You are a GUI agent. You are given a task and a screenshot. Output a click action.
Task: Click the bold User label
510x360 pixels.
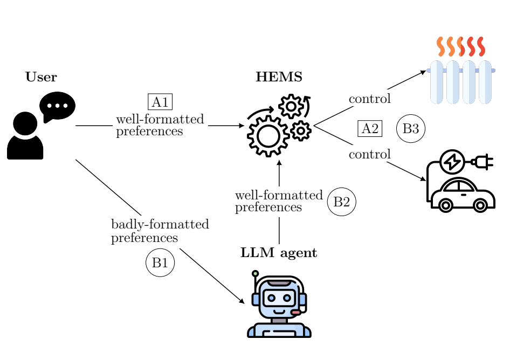tap(41, 78)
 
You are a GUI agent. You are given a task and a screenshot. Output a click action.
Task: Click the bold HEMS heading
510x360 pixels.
tap(279, 78)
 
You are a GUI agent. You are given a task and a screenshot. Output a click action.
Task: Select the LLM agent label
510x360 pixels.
tap(279, 253)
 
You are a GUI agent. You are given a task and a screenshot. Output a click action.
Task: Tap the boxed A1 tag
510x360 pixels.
tap(160, 102)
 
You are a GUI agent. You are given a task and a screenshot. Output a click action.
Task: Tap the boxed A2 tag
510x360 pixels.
tap(370, 129)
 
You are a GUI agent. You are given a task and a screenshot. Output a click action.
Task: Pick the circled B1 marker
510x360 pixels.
tap(160, 262)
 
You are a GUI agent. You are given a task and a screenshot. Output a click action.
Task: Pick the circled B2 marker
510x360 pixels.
tap(342, 202)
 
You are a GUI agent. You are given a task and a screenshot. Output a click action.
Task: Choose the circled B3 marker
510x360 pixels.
tap(411, 129)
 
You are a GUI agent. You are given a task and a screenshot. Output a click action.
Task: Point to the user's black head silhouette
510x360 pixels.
tap(25, 123)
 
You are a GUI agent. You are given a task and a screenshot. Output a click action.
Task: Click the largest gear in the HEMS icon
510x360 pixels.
tap(268, 136)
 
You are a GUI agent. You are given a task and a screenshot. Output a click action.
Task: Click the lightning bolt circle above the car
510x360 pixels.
tap(452, 161)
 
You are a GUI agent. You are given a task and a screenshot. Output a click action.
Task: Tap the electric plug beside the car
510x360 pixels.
tap(483, 161)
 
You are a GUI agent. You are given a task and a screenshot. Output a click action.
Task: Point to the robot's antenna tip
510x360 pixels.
tap(255, 274)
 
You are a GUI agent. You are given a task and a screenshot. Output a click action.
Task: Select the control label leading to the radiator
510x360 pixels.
tap(370, 99)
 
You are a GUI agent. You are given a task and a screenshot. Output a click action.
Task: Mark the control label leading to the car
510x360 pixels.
tap(370, 155)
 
